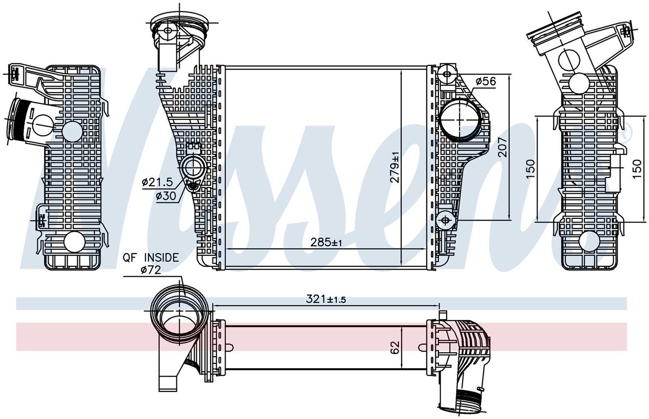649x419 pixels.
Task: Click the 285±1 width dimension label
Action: click(x=326, y=243)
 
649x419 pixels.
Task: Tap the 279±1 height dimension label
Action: click(x=395, y=167)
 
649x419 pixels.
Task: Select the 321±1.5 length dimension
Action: click(x=326, y=299)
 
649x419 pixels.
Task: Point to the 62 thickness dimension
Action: click(x=395, y=347)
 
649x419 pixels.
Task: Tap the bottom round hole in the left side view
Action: click(x=73, y=242)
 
